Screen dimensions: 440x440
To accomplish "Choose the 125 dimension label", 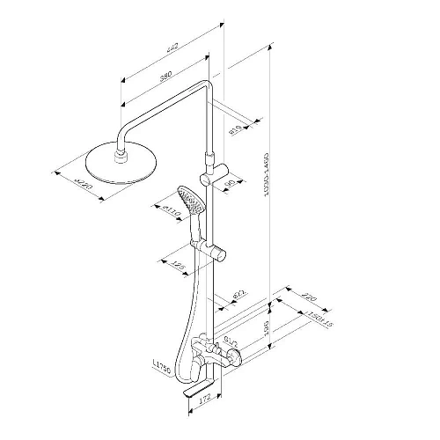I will coord(179,265).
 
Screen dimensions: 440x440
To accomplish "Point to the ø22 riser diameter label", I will coord(238,295).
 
